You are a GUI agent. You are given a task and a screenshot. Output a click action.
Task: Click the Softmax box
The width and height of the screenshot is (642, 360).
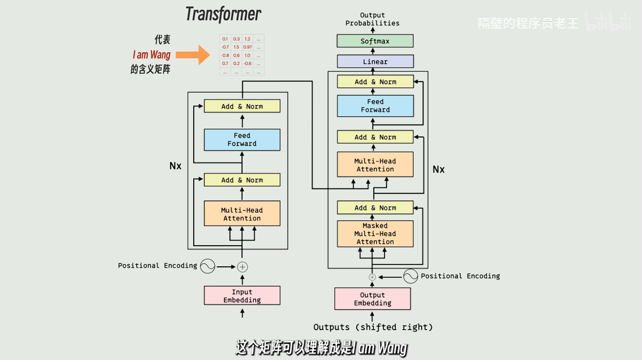click(x=375, y=41)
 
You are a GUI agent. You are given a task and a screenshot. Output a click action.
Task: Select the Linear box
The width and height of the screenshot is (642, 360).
click(x=375, y=62)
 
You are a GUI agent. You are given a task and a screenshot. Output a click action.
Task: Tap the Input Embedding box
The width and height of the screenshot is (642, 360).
click(x=242, y=296)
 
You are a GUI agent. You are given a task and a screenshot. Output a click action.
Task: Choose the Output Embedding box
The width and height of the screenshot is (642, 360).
click(x=372, y=299)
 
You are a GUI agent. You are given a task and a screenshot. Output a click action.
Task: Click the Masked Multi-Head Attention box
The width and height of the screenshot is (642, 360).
click(x=375, y=234)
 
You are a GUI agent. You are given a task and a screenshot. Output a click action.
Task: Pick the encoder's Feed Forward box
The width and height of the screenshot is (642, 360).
click(x=242, y=139)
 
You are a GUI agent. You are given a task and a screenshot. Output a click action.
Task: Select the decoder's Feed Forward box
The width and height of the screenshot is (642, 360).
click(x=375, y=106)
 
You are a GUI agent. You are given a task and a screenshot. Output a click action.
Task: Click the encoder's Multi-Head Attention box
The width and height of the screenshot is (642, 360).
click(x=242, y=214)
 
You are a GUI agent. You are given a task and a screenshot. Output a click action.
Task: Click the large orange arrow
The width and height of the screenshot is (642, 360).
click(x=193, y=55)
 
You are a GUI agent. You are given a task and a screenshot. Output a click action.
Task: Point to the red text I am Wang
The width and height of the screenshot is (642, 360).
click(x=151, y=55)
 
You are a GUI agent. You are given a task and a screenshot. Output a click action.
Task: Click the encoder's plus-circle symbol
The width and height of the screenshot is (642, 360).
click(x=242, y=266)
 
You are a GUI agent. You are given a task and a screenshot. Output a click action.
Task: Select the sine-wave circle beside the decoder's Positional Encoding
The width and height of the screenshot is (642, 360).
click(x=410, y=276)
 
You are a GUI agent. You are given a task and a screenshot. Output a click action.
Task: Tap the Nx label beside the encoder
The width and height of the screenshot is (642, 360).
click(x=175, y=166)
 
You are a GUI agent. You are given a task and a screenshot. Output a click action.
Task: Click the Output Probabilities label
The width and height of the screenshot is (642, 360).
click(x=372, y=19)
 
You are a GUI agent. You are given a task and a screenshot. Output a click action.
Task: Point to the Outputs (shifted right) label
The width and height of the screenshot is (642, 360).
click(x=373, y=327)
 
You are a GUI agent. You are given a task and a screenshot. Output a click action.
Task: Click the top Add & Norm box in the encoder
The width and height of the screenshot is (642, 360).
click(x=242, y=106)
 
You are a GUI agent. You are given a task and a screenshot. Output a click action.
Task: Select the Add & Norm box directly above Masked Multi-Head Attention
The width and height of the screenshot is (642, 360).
click(x=375, y=208)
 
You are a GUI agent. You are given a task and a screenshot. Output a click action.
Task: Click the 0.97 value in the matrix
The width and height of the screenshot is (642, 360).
click(x=247, y=47)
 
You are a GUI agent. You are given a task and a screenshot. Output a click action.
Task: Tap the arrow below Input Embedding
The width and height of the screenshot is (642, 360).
click(x=242, y=313)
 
